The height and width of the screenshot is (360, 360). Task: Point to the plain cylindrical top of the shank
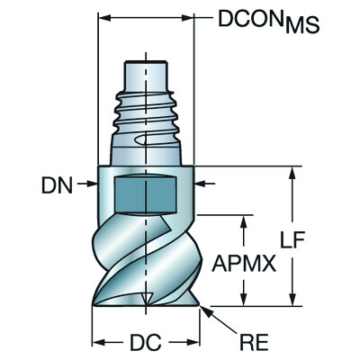tap(145, 70)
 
